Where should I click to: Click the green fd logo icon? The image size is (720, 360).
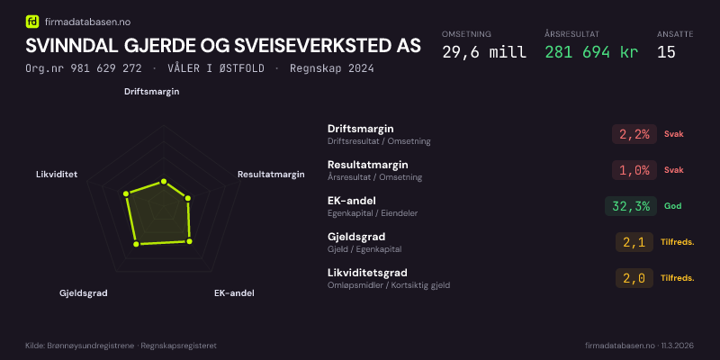[32, 21]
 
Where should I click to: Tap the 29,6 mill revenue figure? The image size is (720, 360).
[484, 52]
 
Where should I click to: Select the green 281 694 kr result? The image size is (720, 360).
[591, 52]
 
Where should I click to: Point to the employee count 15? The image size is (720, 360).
[666, 52]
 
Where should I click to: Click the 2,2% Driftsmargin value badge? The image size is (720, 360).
[634, 134]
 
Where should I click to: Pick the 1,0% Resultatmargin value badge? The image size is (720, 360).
[634, 170]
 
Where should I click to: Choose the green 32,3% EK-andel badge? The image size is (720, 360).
[631, 206]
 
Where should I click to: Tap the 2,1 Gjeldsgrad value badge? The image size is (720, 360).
[634, 242]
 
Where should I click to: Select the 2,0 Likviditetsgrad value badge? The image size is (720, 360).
[634, 278]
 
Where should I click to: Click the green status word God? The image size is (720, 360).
[672, 206]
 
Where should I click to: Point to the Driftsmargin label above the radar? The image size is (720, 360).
[151, 92]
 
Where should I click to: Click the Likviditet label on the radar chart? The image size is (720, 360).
[57, 175]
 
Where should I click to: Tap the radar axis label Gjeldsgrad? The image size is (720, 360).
[83, 293]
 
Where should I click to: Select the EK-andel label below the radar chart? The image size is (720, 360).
[234, 293]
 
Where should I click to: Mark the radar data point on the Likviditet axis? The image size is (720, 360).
[126, 193]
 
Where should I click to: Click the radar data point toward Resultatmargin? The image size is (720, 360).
[187, 198]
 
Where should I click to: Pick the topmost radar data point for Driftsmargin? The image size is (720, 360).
[163, 182]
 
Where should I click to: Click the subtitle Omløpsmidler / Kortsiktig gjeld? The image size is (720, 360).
[389, 285]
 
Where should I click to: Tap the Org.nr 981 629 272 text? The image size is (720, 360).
[84, 69]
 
